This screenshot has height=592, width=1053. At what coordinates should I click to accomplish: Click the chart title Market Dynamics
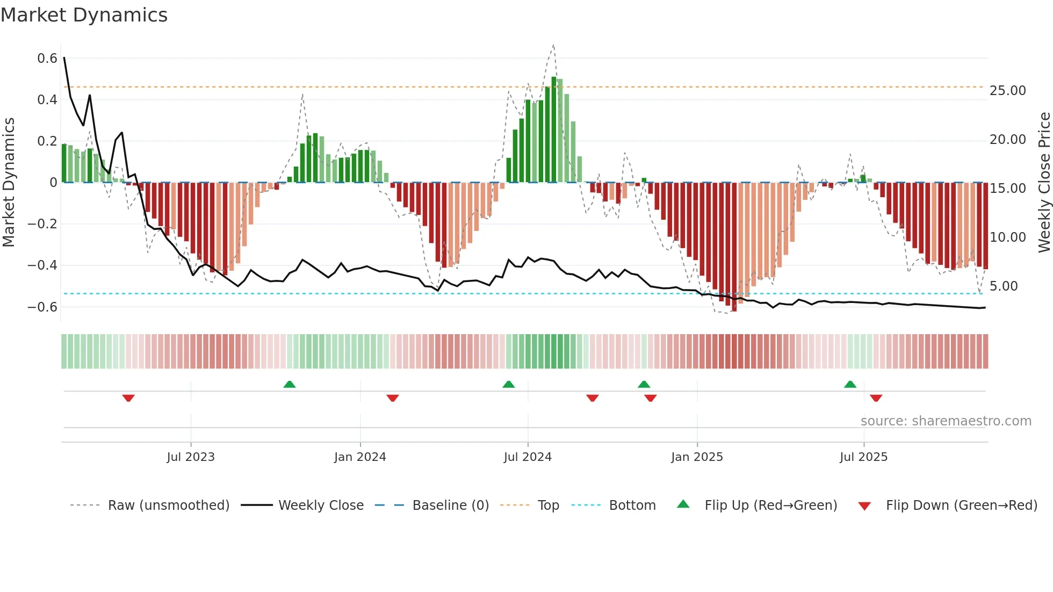click(84, 15)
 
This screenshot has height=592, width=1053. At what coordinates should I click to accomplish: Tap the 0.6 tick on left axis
click(47, 59)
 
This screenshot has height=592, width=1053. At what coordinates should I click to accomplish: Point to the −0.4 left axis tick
click(42, 265)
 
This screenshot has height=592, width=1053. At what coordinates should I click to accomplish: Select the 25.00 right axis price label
click(1007, 91)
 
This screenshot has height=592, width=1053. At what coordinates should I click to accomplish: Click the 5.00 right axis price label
click(1004, 286)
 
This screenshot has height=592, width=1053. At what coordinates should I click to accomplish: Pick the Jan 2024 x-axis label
click(360, 457)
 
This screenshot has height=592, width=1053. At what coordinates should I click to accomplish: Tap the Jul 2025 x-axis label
click(863, 457)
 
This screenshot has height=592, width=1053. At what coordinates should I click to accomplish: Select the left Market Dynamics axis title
click(9, 183)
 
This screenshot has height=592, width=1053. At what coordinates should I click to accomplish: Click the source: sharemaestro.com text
click(946, 421)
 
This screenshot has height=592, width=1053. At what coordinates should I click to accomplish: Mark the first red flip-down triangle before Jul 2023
click(128, 398)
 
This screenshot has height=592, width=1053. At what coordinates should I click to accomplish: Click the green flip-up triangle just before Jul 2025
click(850, 384)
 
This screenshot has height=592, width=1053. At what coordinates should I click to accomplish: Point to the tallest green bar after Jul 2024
click(554, 129)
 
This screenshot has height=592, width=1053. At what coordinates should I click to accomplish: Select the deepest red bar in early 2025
click(734, 247)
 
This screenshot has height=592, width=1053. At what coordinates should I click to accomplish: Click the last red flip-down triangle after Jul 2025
click(876, 398)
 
